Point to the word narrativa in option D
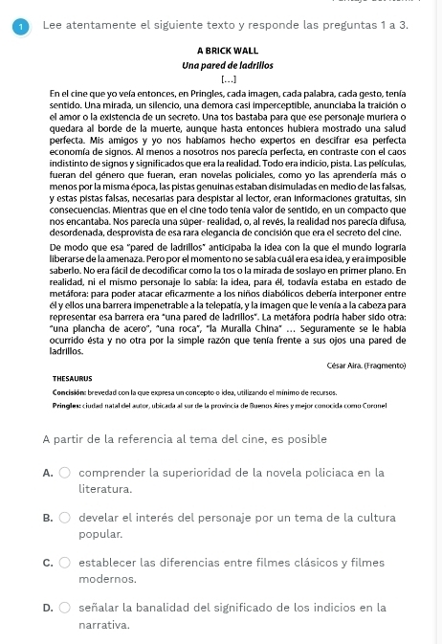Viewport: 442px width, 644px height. (103, 624)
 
